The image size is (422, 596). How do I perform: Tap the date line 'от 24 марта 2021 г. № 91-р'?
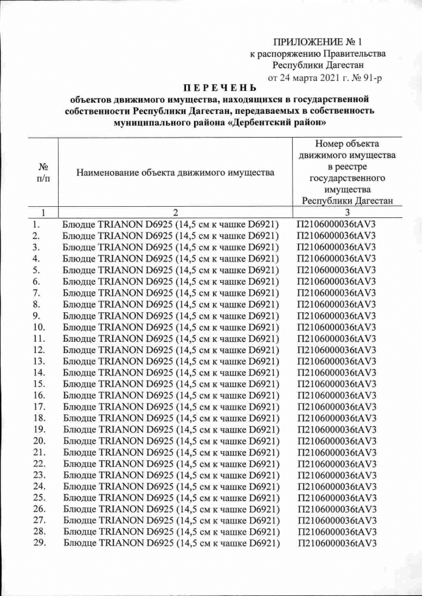[324, 77]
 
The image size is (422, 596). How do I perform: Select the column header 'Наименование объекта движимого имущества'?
[175, 173]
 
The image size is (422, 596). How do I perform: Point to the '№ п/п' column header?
[42, 173]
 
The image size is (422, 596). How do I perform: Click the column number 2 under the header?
[175, 213]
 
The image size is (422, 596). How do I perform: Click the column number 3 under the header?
[346, 213]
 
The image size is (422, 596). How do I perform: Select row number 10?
[38, 327]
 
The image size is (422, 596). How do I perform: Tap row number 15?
[38, 383]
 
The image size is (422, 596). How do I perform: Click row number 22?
[38, 464]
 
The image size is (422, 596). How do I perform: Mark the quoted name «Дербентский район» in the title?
[281, 122]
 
